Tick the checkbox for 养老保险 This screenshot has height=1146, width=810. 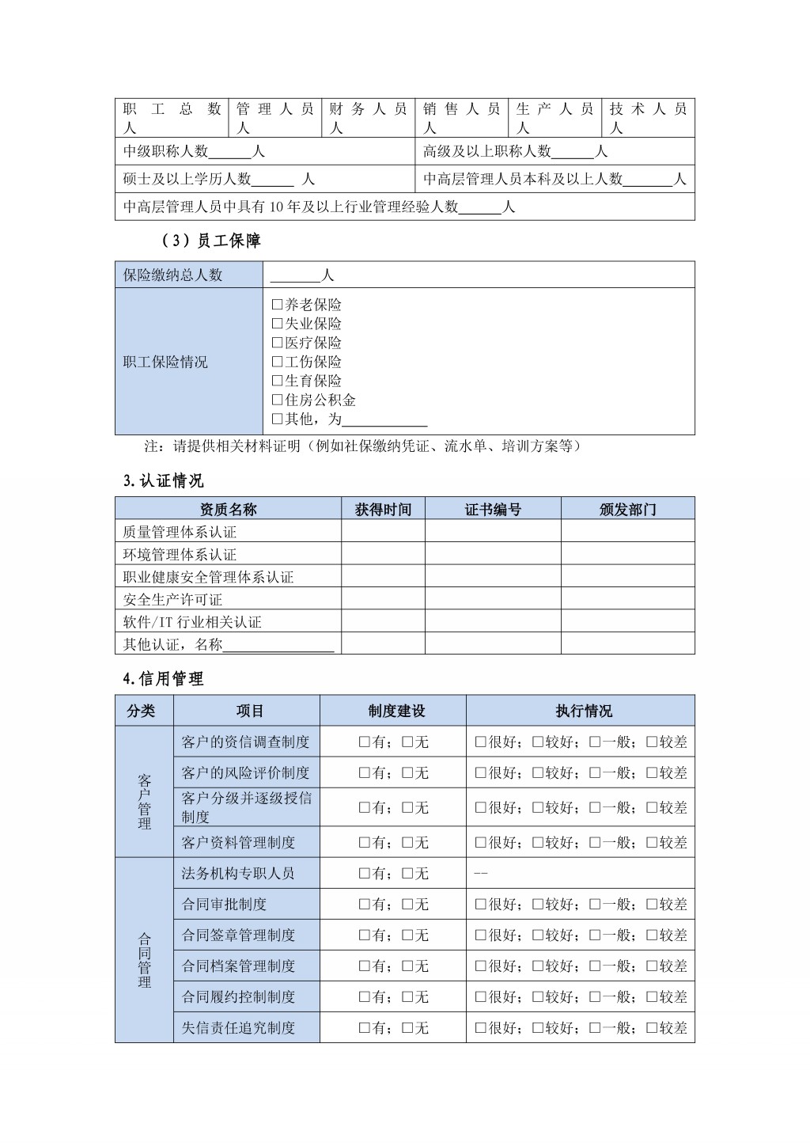[x=277, y=305]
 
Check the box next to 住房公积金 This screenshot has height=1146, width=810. [x=277, y=400]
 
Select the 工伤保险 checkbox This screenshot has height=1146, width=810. [x=277, y=362]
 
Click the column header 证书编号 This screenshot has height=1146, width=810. [x=493, y=509]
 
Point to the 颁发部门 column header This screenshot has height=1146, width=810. [x=627, y=509]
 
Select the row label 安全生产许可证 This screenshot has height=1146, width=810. [x=172, y=599]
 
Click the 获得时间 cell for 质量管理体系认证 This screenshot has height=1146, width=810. [x=383, y=532]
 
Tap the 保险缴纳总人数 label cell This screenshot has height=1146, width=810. [x=173, y=275]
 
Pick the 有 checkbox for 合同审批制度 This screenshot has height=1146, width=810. [x=365, y=904]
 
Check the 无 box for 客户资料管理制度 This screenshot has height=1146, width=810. [x=407, y=842]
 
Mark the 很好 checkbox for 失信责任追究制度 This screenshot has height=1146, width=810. [x=480, y=1027]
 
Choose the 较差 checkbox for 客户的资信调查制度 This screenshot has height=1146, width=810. [x=652, y=742]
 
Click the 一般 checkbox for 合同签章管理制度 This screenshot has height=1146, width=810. [x=595, y=935]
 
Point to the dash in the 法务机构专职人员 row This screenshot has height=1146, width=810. [x=480, y=873]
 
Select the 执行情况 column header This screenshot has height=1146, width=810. [x=584, y=711]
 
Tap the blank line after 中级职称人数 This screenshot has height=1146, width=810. [x=230, y=152]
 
